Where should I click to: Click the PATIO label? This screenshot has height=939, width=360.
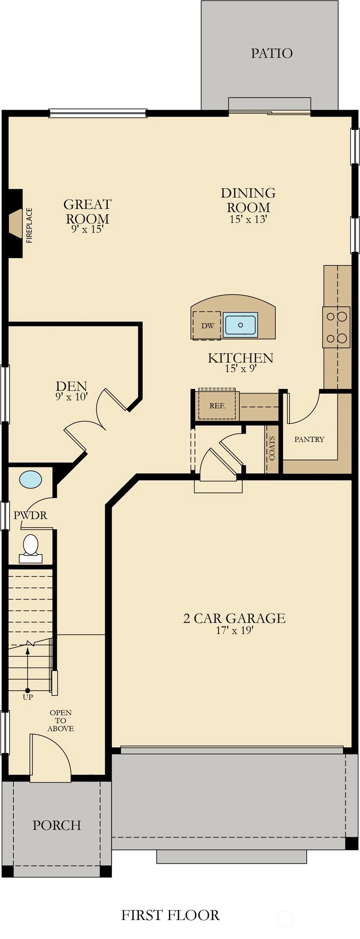(271, 53)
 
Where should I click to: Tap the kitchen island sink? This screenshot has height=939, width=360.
(240, 325)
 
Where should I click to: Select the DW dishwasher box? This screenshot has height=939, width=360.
(207, 326)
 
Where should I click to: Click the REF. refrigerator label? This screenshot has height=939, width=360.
(217, 406)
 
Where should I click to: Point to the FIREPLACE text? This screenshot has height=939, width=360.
(29, 226)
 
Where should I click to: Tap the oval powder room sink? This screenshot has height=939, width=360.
(31, 479)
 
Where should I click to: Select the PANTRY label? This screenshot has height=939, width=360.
(309, 439)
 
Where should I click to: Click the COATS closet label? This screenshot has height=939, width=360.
(272, 448)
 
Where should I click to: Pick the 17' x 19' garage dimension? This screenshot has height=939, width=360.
(234, 630)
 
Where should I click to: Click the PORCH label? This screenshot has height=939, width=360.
(57, 825)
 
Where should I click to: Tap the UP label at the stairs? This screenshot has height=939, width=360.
(28, 697)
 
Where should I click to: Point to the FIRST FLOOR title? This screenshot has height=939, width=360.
(171, 915)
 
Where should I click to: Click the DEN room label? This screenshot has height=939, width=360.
(71, 386)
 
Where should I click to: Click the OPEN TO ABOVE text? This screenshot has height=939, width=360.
(60, 721)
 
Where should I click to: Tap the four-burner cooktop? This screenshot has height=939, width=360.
(336, 327)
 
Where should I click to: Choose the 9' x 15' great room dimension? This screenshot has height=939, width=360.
(87, 229)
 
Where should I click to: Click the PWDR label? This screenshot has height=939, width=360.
(30, 515)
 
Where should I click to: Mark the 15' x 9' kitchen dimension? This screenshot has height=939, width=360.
(241, 368)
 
